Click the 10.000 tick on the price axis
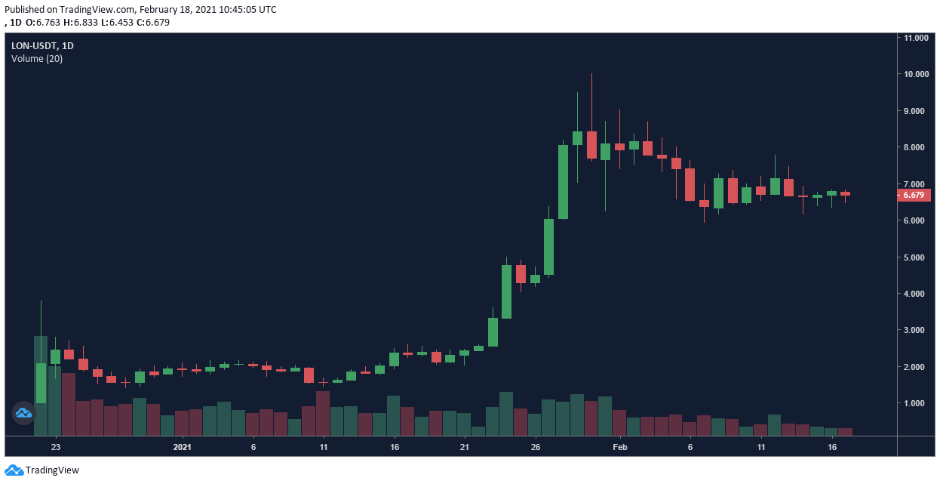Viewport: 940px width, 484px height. (x=916, y=74)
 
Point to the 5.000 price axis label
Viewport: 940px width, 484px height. (x=916, y=257)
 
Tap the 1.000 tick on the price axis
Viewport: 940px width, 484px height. (x=916, y=403)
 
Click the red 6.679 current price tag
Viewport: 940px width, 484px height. (x=914, y=195)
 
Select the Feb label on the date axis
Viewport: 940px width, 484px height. (x=619, y=447)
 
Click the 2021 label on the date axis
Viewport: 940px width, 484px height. (x=183, y=447)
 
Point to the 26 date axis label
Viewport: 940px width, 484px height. (x=535, y=447)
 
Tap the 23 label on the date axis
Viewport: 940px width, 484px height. (x=55, y=447)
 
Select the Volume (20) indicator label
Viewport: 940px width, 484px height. (x=37, y=59)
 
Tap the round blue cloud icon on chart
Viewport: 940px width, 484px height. (x=23, y=412)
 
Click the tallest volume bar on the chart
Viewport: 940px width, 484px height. (x=41, y=385)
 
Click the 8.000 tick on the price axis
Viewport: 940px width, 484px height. (x=916, y=147)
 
